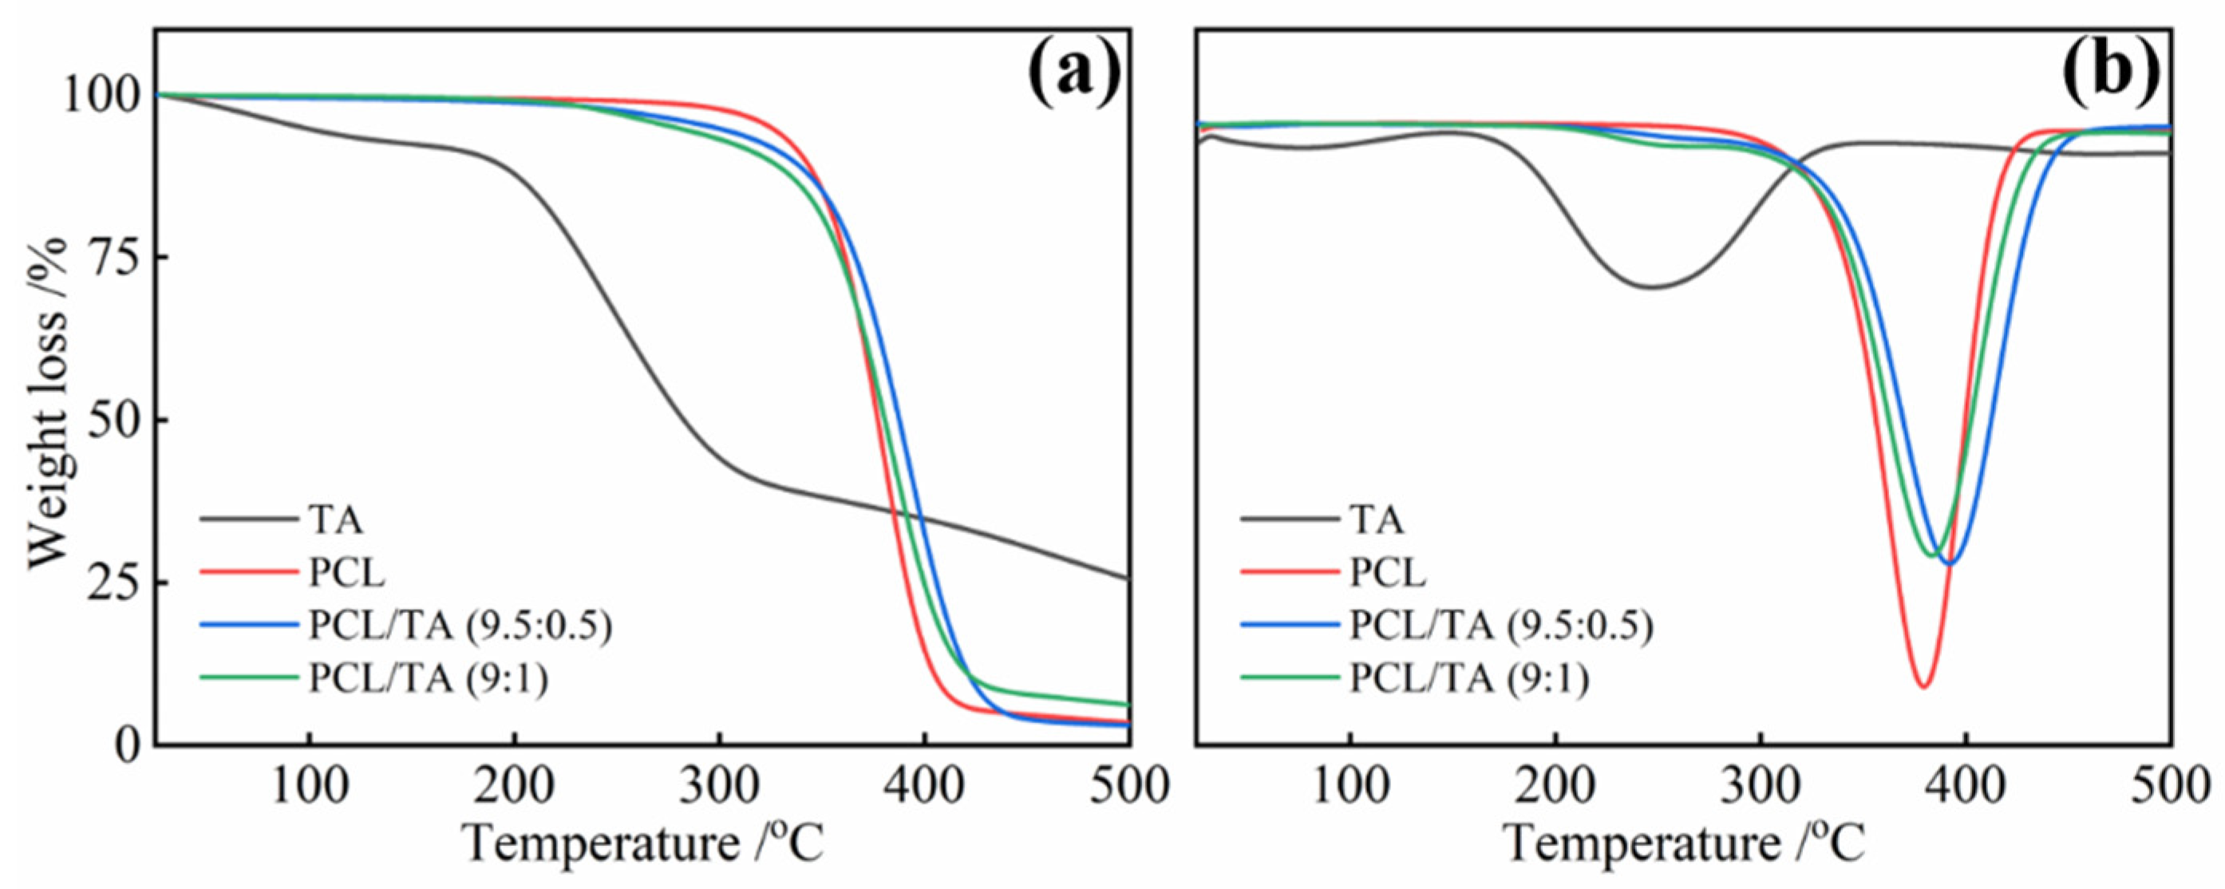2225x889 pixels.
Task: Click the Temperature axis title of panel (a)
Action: click(x=643, y=844)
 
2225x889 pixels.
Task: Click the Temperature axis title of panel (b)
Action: click(x=1684, y=844)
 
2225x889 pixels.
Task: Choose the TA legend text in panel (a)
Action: click(x=335, y=521)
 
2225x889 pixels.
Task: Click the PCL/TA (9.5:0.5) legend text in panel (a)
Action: click(x=460, y=626)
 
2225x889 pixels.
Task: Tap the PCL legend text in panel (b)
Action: click(x=1387, y=574)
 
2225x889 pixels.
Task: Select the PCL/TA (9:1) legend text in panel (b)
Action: click(x=1469, y=680)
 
